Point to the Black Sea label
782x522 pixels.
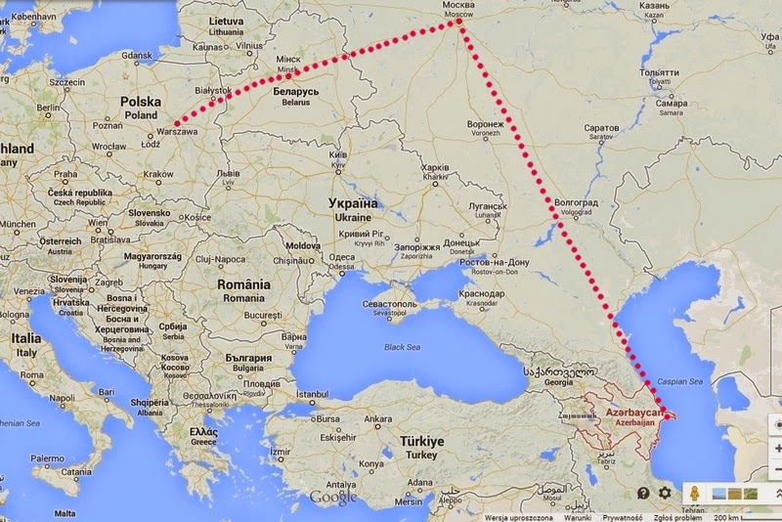[407, 347]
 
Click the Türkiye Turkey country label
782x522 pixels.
[420, 447]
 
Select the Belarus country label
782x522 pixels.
[294, 95]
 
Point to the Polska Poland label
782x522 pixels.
[140, 107]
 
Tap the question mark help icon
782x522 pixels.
[643, 494]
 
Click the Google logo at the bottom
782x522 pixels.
[333, 499]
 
